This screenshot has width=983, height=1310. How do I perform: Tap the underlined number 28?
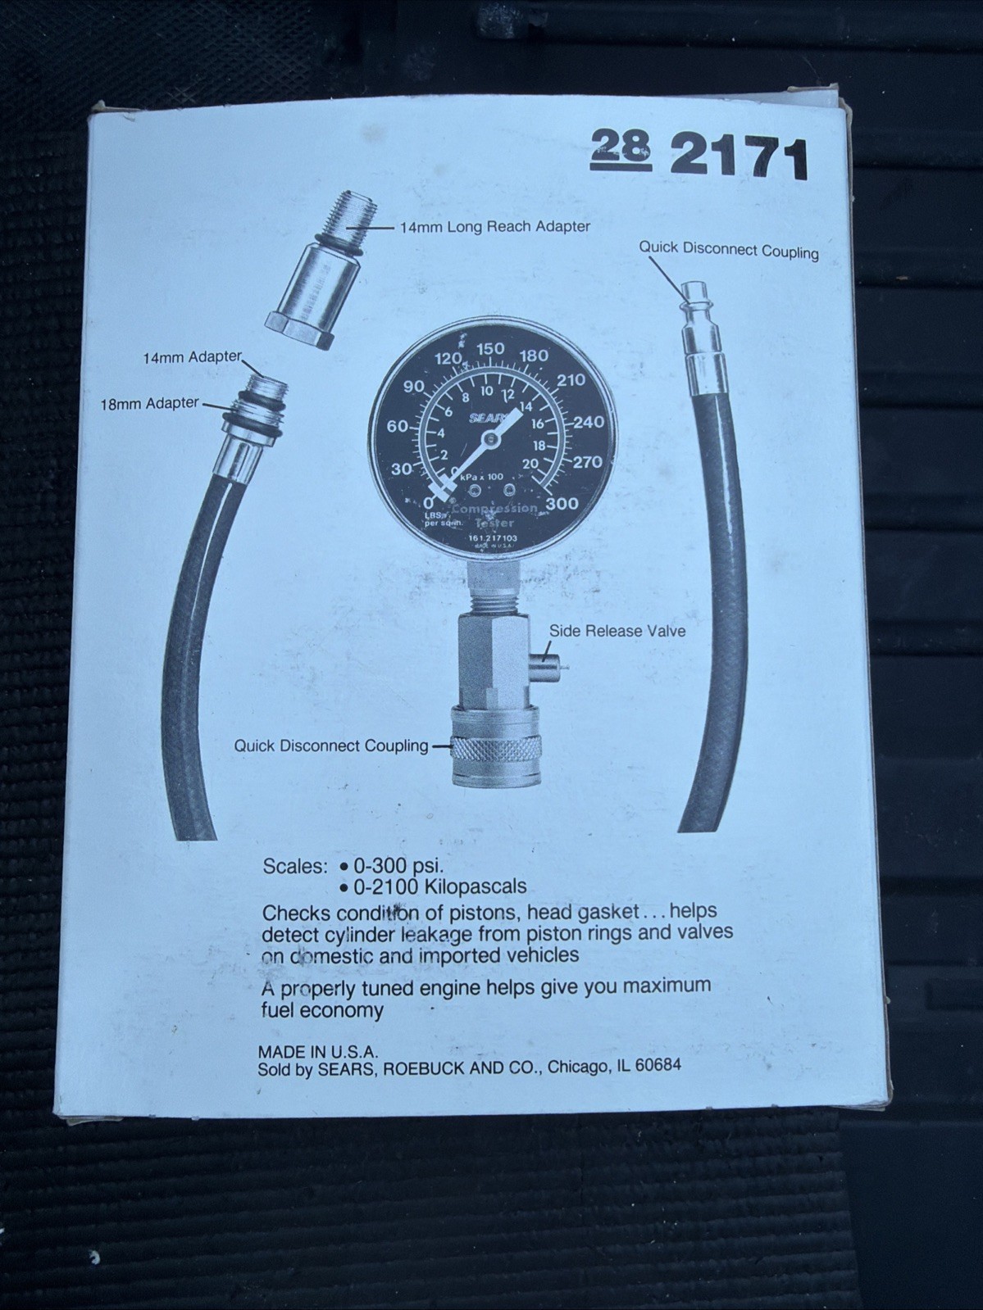pyautogui.click(x=621, y=147)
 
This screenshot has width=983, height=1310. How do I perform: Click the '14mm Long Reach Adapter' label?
pyautogui.click(x=494, y=226)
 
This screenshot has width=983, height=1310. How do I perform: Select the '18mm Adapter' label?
pyautogui.click(x=149, y=403)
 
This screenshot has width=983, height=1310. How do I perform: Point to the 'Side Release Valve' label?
pyautogui.click(x=617, y=631)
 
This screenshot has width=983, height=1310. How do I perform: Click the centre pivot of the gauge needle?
pyautogui.click(x=490, y=440)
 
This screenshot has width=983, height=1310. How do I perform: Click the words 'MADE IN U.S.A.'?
pyautogui.click(x=317, y=1051)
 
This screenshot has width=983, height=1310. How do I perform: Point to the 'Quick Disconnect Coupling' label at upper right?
pyautogui.click(x=728, y=249)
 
